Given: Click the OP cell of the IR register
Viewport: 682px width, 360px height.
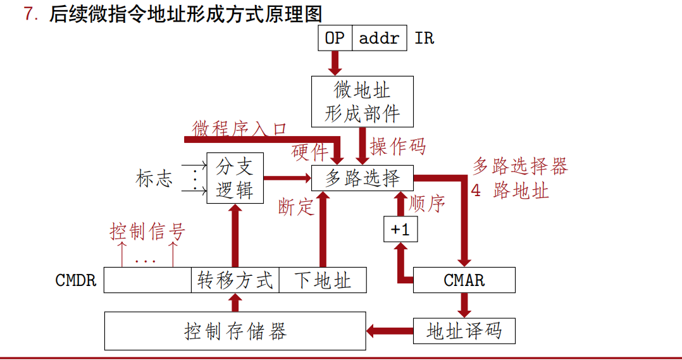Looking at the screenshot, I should pyautogui.click(x=335, y=38).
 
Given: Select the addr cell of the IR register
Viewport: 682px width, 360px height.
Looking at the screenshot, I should pyautogui.click(x=380, y=38).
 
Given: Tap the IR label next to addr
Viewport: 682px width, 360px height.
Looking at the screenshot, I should pyautogui.click(x=425, y=38).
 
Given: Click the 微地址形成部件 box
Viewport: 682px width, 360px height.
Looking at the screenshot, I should pyautogui.click(x=363, y=101).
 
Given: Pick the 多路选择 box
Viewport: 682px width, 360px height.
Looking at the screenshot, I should pyautogui.click(x=363, y=178).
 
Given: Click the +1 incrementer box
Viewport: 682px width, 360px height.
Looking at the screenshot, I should pyautogui.click(x=400, y=230).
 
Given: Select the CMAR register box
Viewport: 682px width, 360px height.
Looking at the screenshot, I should pyautogui.click(x=464, y=280).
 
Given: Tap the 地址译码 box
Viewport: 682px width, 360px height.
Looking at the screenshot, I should pyautogui.click(x=464, y=331).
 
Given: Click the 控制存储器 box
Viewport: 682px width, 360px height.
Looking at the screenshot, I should pyautogui.click(x=235, y=331).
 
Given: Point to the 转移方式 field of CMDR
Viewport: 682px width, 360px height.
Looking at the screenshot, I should pyautogui.click(x=235, y=280).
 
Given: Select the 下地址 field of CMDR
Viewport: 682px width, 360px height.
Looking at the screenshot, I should pyautogui.click(x=323, y=280).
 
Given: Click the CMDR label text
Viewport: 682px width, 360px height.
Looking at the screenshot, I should pyautogui.click(x=76, y=280).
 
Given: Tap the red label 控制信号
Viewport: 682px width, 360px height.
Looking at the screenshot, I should pyautogui.click(x=147, y=232).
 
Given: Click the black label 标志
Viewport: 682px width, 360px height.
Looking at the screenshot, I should pyautogui.click(x=154, y=178).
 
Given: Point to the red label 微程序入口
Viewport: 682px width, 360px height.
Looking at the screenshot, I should pyautogui.click(x=240, y=128).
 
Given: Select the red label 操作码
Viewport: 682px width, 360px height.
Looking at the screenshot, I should pyautogui.click(x=398, y=146).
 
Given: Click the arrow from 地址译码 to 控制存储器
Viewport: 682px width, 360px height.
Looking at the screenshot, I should pyautogui.click(x=390, y=330).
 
